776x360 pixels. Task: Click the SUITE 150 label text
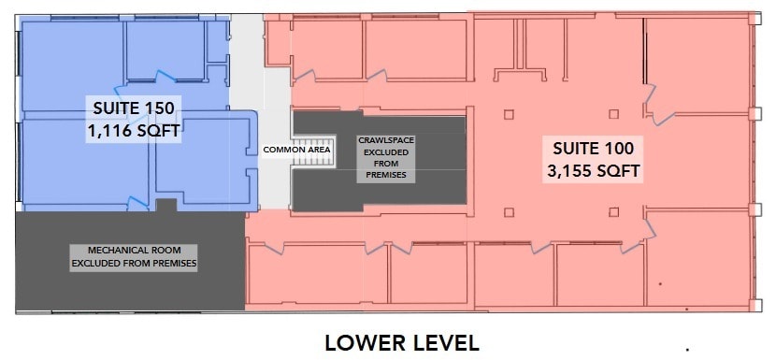[x=134, y=108]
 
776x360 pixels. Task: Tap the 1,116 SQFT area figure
[x=134, y=131]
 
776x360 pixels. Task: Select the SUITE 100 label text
[x=593, y=148]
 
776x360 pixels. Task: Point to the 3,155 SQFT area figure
[x=593, y=171]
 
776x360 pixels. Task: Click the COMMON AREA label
[x=296, y=150]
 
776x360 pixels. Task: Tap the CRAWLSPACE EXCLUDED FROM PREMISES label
[x=386, y=157]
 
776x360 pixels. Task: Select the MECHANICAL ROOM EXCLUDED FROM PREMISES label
[x=134, y=257]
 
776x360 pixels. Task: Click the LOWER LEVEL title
[x=401, y=343]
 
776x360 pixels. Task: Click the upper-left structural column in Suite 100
[x=509, y=114]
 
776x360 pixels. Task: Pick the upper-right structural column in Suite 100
[x=613, y=114]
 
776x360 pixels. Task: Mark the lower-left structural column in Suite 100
[x=509, y=212]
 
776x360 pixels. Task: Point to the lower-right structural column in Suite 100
[x=613, y=212]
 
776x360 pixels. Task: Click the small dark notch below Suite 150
[x=166, y=205]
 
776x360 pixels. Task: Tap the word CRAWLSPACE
[x=386, y=140]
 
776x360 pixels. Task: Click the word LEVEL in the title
[x=442, y=343]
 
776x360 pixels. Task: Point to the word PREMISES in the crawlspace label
[x=386, y=175]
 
